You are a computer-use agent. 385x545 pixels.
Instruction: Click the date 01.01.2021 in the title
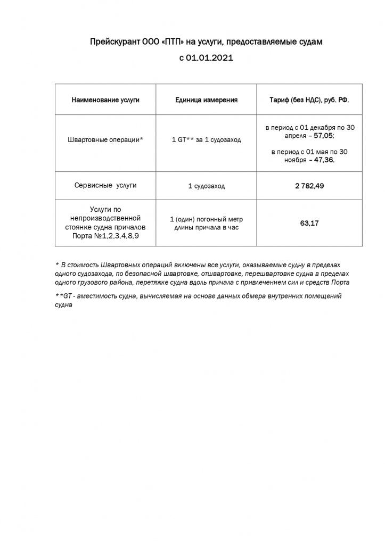(x=209, y=59)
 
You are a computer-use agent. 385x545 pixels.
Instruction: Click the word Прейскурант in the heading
(x=113, y=41)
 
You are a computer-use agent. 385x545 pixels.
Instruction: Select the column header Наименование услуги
(x=105, y=100)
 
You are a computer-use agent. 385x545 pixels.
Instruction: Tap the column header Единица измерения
(x=206, y=100)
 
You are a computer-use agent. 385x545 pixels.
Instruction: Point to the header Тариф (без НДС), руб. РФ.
(x=310, y=100)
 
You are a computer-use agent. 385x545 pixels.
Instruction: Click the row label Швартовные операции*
(x=105, y=140)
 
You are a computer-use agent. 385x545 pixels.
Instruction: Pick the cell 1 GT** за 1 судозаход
(x=206, y=140)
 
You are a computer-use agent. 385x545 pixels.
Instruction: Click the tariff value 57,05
(x=323, y=136)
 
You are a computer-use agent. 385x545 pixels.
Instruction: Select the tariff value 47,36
(x=324, y=159)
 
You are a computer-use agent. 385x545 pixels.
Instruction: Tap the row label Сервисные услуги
(x=105, y=185)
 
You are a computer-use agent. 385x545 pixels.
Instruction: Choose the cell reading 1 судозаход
(x=206, y=186)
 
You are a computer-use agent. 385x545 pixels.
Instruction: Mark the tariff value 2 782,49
(x=309, y=186)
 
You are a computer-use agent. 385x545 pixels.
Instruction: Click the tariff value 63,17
(x=309, y=223)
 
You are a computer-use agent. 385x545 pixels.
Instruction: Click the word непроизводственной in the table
(x=105, y=218)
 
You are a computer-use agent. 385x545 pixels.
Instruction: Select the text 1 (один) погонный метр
(x=206, y=219)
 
